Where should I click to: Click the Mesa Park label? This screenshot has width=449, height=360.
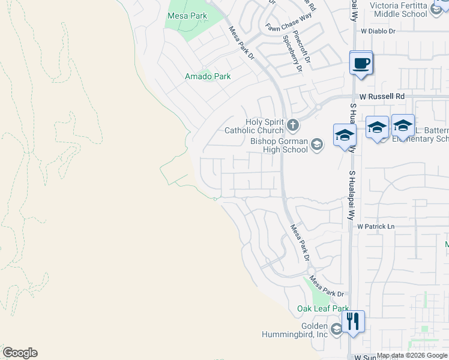coord(187,16)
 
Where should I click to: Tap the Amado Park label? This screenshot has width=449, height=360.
coord(208,77)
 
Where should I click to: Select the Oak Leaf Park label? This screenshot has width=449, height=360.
coord(323,308)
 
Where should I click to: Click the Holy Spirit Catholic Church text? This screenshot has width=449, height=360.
coord(254,126)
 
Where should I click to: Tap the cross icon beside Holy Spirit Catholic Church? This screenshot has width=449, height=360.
coord(293,125)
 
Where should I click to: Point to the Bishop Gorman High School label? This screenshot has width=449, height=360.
coord(279,145)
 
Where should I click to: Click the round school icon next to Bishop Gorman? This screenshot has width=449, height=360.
coord(317,143)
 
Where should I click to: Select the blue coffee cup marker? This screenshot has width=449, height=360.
coord(361,63)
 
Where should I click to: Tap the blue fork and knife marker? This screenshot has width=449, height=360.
coord(353,322)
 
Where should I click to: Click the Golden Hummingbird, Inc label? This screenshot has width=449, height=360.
coord(294,329)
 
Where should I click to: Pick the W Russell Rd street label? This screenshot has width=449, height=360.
coord(382,96)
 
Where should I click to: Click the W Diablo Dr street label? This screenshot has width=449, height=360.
coord(378,31)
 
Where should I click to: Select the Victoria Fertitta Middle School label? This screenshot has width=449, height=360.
coord(399,10)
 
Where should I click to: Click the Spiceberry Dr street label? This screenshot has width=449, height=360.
coord(292,53)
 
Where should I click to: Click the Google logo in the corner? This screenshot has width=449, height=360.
coord(20,353)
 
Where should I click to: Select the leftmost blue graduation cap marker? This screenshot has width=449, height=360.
coord(345,136)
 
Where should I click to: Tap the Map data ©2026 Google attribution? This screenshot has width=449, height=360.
coord(412,356)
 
